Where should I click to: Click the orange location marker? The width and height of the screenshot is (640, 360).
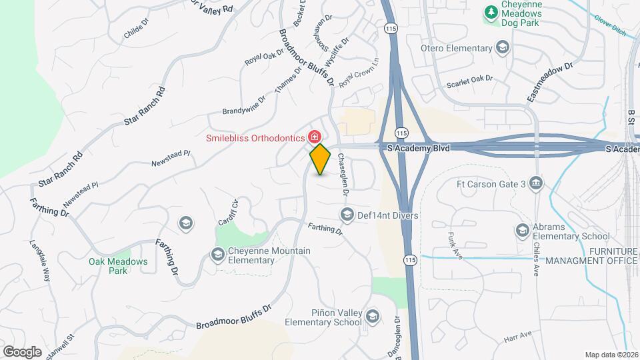[320, 159]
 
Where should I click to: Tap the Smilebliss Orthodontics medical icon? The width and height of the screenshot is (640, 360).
[314, 137]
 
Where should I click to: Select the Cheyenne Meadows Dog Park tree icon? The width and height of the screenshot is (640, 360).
[491, 13]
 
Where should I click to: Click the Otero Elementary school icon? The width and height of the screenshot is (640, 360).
[502, 47]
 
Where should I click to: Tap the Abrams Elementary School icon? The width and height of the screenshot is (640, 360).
[523, 231]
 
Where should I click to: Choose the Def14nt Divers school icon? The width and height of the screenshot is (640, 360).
[347, 215]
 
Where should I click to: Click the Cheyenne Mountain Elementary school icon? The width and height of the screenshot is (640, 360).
[217, 255]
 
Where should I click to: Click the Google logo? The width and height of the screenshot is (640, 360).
[22, 351]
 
